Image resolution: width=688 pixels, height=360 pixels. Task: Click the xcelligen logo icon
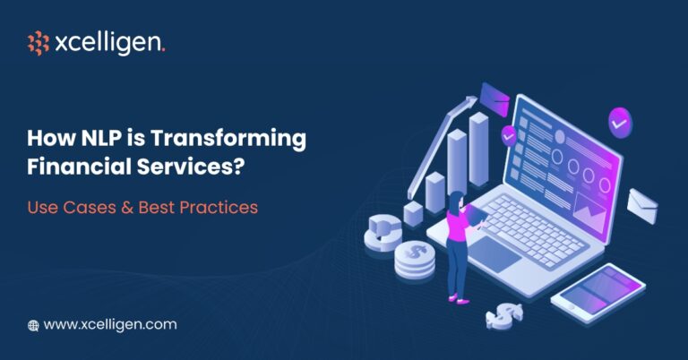point(38,43)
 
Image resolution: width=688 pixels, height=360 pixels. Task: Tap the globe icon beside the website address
point(33,325)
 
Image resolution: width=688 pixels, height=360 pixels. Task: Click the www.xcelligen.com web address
point(109,324)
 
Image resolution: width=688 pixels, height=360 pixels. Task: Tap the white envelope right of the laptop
point(642,204)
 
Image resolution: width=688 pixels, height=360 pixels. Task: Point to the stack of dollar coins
point(415,261)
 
